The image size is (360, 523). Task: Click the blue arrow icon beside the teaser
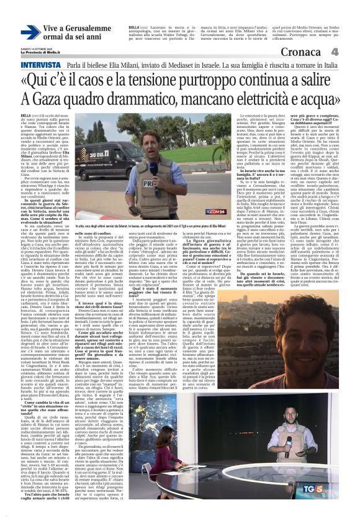[x=30, y=32]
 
